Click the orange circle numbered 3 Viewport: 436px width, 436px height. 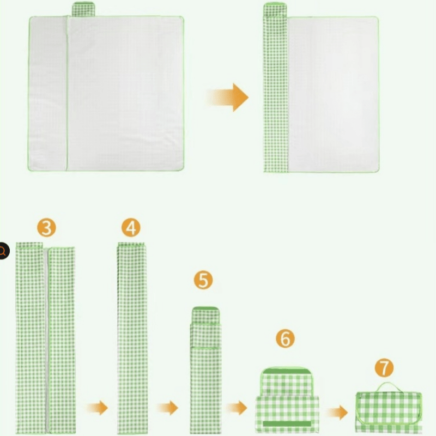click(46, 228)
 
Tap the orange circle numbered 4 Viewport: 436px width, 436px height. click(131, 228)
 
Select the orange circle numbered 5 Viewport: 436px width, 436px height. click(203, 281)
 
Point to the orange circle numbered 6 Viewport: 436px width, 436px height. click(284, 338)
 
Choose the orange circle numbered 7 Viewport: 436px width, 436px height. click(384, 368)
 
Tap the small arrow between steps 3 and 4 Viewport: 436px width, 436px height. click(96, 408)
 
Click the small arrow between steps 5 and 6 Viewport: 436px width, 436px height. click(237, 408)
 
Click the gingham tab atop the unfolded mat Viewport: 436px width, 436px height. click(84, 9)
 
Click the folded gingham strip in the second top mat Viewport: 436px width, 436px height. click(275, 93)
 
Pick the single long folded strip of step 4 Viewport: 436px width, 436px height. click(131, 338)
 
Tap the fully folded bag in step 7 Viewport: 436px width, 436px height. click(388, 412)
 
